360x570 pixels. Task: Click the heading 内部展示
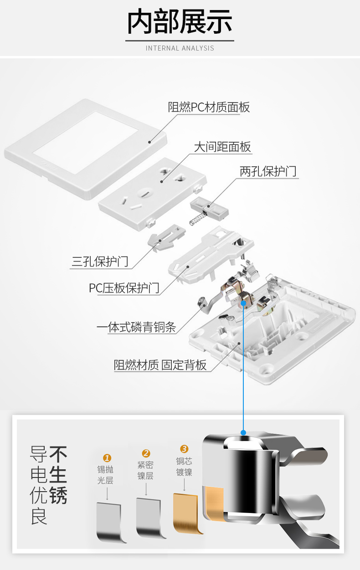click(x=180, y=22)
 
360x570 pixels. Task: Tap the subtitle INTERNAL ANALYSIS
click(x=180, y=48)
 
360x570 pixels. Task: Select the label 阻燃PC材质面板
click(x=209, y=108)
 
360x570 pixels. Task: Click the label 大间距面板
click(x=222, y=147)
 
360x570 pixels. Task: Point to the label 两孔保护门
click(x=268, y=171)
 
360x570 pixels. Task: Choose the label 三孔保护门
click(x=100, y=262)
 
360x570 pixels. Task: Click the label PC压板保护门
click(x=124, y=288)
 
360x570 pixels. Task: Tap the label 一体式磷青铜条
click(x=136, y=327)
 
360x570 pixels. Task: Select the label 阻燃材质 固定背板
click(x=160, y=365)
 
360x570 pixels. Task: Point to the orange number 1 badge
click(x=107, y=458)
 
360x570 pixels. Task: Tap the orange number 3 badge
click(x=184, y=449)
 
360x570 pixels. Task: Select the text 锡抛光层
click(x=105, y=475)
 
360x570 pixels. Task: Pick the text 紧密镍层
click(x=145, y=470)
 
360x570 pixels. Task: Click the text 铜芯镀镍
click(x=184, y=467)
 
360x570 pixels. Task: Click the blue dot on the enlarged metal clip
click(x=243, y=432)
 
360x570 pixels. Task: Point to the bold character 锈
click(x=58, y=496)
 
